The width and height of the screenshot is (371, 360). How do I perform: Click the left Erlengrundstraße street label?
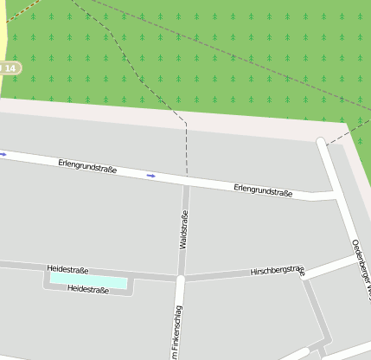click(x=87, y=165)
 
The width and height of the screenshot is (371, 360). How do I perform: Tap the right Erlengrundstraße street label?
click(x=263, y=190)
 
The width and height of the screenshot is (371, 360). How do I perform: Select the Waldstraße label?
click(x=183, y=229)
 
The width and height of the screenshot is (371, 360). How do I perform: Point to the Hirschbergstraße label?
click(x=278, y=271)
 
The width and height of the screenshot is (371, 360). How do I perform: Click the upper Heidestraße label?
click(x=67, y=270)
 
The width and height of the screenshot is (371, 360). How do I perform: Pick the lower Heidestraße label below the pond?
click(x=88, y=290)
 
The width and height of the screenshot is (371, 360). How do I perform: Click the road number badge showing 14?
click(x=8, y=67)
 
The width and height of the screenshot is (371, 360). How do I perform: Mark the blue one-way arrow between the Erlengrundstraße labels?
click(x=151, y=176)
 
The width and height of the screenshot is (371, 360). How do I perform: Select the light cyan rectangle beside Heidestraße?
click(x=87, y=280)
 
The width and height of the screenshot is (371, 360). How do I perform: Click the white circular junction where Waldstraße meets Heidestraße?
click(x=180, y=279)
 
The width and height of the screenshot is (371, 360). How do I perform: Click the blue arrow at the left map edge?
click(x=3, y=155)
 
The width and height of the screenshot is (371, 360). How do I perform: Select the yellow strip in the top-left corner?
click(x=3, y=26)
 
